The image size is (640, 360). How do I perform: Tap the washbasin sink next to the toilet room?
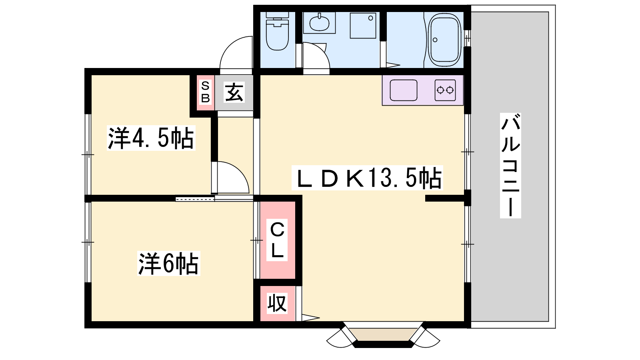(x=319, y=22)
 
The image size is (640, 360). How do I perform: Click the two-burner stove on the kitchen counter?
(x=445, y=90)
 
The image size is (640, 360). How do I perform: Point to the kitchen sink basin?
(x=404, y=90)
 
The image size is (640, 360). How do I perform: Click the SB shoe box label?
(x=206, y=92)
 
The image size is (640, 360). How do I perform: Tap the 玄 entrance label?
(x=234, y=92)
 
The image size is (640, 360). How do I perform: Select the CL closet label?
(x=277, y=240)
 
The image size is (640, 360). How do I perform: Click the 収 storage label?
(x=277, y=303)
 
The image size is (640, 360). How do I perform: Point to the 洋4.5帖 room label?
(x=151, y=138)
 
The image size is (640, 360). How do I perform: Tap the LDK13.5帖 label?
(x=367, y=178)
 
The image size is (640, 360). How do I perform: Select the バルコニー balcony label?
(x=510, y=166)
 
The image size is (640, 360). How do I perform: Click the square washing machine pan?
(x=363, y=26)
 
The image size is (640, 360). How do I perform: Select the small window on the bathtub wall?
(x=468, y=38)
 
